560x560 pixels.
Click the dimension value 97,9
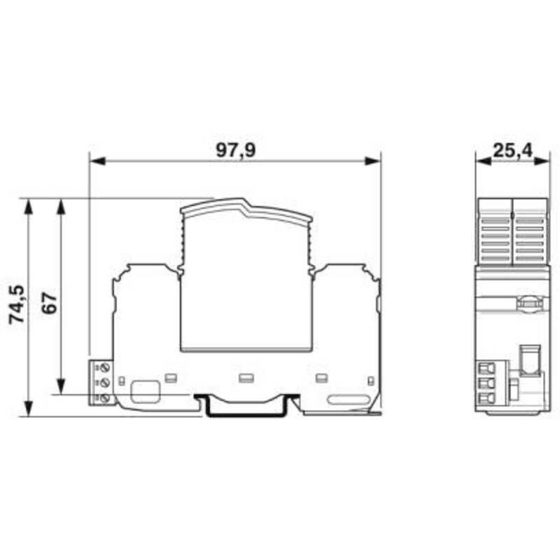coord(236,150)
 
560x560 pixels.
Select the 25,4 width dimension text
coord(512,150)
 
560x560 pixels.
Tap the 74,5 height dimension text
coord(17,304)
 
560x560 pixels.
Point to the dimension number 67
coord(49,303)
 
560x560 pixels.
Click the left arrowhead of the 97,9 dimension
coord(97,161)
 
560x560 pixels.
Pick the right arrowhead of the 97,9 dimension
coord(372,161)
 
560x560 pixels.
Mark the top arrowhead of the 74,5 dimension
coord(28,206)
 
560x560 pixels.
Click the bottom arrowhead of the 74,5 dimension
coord(28,409)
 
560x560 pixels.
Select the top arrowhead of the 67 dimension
coord(62,206)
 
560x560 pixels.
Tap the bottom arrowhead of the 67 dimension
coord(62,386)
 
